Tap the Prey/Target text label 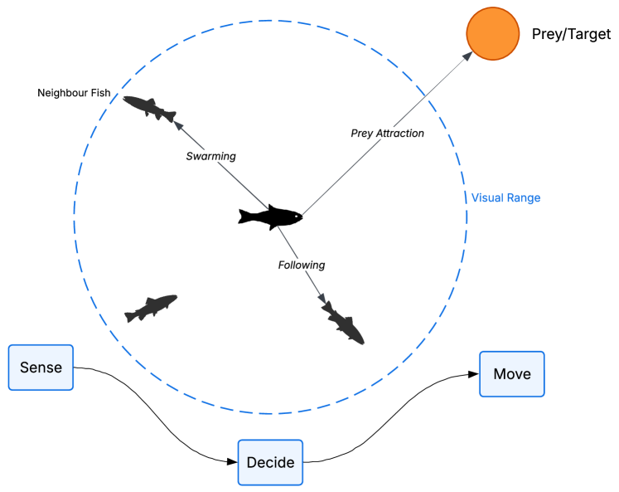(570, 35)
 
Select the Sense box (41, 367)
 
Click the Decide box (271, 462)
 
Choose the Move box (511, 373)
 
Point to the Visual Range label (505, 197)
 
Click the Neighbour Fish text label (74, 92)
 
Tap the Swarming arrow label (210, 156)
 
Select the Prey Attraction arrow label (387, 133)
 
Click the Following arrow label (301, 265)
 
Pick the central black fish (270, 217)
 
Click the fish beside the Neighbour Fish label (150, 107)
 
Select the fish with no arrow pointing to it (151, 308)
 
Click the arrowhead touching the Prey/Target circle (468, 55)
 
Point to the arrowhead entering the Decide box (233, 462)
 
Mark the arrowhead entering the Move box (475, 374)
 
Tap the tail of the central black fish (244, 217)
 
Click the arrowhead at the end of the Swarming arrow (177, 123)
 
